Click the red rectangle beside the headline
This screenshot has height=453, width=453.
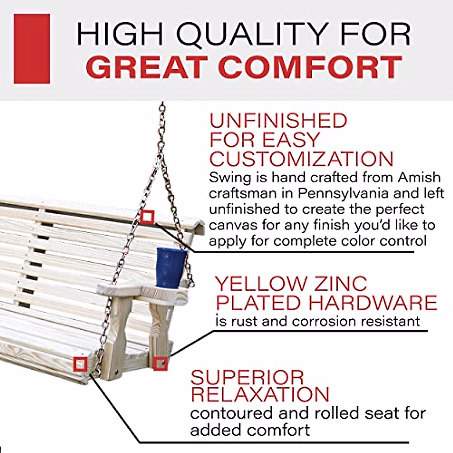(x=32, y=49)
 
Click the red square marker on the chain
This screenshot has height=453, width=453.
(x=147, y=217)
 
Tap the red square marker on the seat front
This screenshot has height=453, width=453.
(x=80, y=364)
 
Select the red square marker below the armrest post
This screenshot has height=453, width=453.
(x=160, y=363)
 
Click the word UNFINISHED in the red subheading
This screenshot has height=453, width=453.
(x=278, y=121)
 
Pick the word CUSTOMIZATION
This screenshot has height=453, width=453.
(x=301, y=159)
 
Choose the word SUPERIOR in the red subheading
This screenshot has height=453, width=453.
(x=247, y=377)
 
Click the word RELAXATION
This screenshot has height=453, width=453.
(x=260, y=394)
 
